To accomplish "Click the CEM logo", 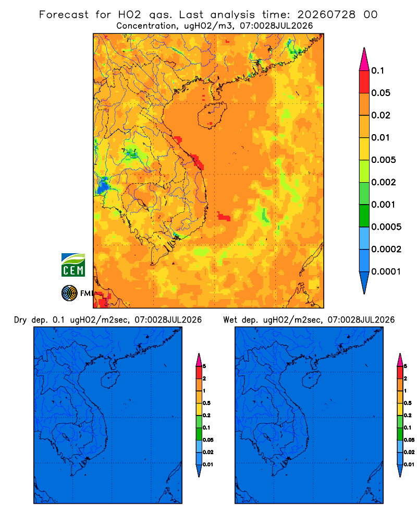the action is [73, 265].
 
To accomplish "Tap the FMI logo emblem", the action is [69, 293].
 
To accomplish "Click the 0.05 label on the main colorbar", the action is [381, 93].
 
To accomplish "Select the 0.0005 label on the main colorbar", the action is [386, 227].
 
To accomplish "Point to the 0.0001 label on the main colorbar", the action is [386, 271].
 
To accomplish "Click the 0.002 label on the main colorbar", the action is [384, 182].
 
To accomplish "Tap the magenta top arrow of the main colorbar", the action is [364, 60].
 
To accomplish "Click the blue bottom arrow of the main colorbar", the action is [364, 282].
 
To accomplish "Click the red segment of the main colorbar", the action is [364, 81].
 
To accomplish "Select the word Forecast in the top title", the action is [64, 15].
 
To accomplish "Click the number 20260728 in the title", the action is [326, 15].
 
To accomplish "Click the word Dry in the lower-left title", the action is [20, 320].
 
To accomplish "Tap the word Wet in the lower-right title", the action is [230, 320].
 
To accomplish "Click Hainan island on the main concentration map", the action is [212, 115].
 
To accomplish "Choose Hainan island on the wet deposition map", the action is [311, 380].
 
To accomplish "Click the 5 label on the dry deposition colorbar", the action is [204, 366].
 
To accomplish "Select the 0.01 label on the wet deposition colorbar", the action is [409, 465].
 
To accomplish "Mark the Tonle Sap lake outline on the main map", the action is [140, 203].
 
